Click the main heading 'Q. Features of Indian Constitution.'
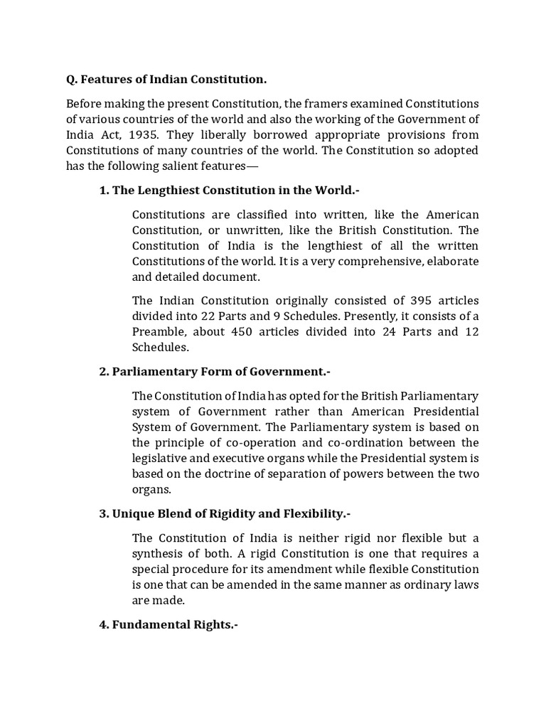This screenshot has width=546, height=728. (x=167, y=79)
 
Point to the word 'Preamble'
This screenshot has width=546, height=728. (x=156, y=332)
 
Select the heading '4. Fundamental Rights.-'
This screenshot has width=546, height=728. (x=168, y=625)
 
